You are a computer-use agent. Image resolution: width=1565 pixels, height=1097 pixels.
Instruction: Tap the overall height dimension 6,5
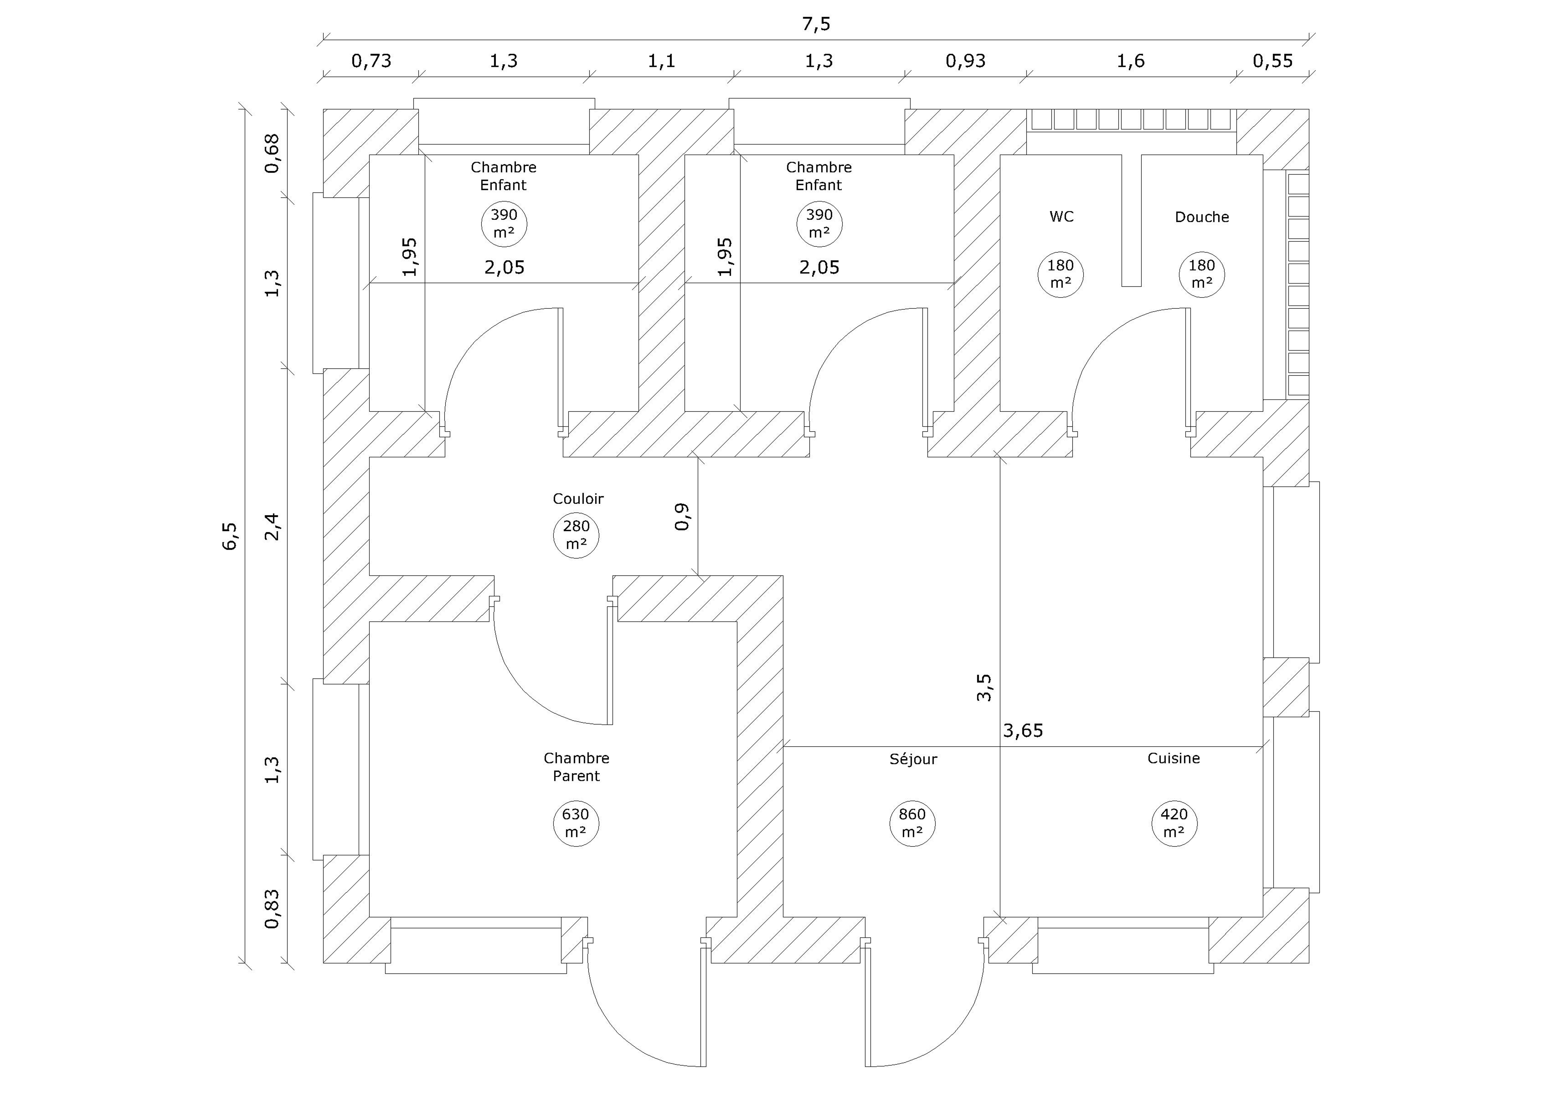click(230, 536)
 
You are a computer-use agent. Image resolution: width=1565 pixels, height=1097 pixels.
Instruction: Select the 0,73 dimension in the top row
click(371, 61)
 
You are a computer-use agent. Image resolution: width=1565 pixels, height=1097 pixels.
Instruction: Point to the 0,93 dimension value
click(965, 61)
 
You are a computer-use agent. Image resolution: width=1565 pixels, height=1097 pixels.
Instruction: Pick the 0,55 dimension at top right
click(1273, 61)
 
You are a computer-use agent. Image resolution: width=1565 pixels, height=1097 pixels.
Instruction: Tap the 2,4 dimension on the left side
click(272, 527)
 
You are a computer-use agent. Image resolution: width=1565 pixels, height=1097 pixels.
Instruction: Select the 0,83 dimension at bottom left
click(272, 909)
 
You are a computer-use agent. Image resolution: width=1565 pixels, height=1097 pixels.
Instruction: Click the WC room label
click(1061, 217)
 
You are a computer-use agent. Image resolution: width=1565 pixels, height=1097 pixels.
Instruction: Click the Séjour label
click(913, 759)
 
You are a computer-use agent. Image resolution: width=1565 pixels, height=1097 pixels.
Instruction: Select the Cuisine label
click(1174, 758)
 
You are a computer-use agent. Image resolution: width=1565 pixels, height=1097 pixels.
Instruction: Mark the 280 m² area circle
click(576, 536)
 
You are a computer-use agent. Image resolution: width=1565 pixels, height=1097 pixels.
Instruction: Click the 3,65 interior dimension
click(1023, 731)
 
